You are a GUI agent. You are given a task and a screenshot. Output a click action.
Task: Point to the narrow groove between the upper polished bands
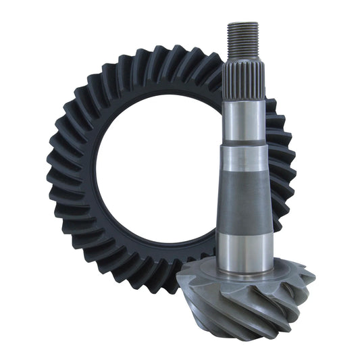(x=244, y=144)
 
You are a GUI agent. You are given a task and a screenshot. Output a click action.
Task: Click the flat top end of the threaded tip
(x=244, y=23)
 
